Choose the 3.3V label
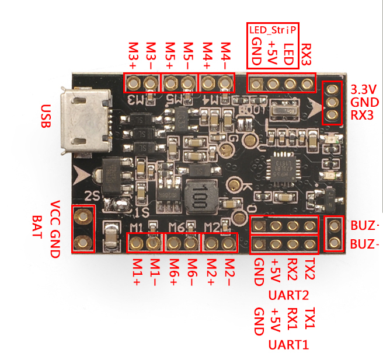point(364,89)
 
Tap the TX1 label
point(311,317)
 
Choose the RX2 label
point(293,269)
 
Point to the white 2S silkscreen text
point(92,195)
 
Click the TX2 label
point(311,268)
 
